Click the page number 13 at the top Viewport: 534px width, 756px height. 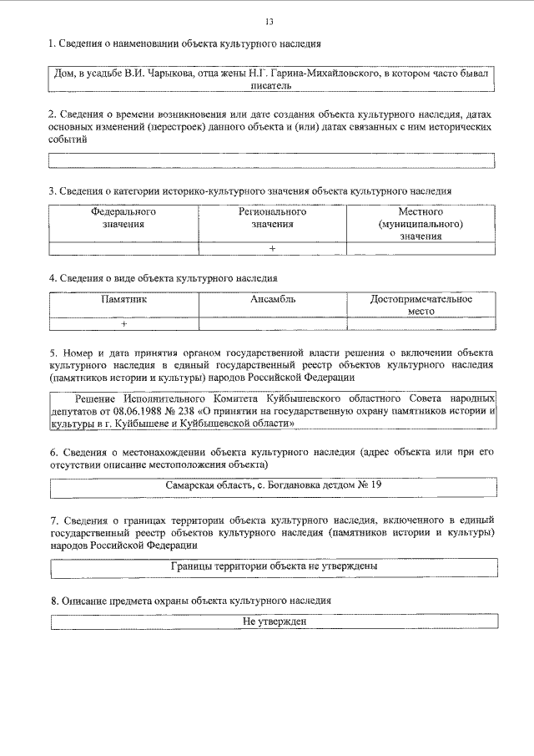[x=267, y=21]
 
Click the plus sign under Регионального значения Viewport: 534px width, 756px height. [x=272, y=248]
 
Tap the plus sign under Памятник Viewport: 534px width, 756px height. [x=123, y=323]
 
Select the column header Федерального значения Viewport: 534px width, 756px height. [x=123, y=218]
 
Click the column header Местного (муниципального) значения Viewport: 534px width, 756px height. [x=421, y=224]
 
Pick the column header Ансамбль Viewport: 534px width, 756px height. [x=272, y=298]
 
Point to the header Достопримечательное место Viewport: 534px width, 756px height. [x=421, y=304]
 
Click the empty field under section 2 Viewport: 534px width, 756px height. [x=272, y=160]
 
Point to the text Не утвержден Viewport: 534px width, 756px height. [x=272, y=622]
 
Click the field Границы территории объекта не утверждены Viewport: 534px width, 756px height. [x=272, y=566]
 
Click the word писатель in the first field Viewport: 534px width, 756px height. [x=272, y=85]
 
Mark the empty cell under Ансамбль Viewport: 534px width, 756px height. [x=272, y=323]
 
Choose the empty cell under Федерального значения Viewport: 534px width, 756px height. [x=123, y=248]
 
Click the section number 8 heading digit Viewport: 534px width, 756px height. [x=53, y=601]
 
